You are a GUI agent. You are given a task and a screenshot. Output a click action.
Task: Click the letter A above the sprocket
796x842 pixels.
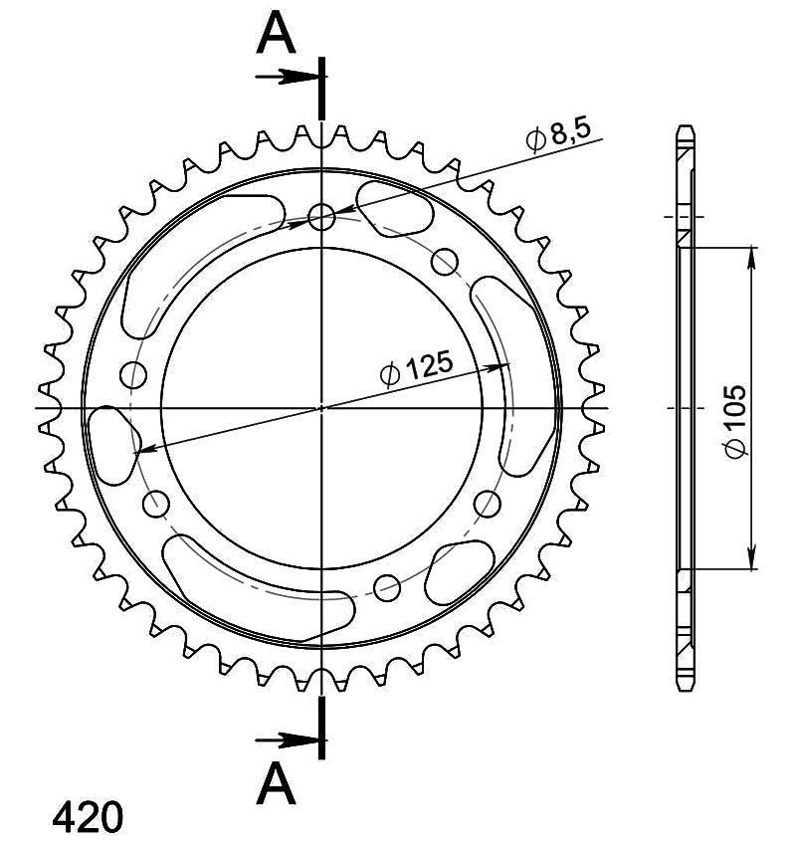(x=276, y=33)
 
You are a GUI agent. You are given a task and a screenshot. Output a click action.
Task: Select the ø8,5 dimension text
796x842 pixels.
(x=558, y=134)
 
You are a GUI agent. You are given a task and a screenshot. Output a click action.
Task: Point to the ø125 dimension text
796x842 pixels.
(x=416, y=368)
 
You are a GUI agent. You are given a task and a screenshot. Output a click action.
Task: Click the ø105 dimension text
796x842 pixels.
(x=733, y=422)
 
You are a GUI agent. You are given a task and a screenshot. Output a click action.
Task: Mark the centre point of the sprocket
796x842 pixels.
(x=321, y=408)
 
